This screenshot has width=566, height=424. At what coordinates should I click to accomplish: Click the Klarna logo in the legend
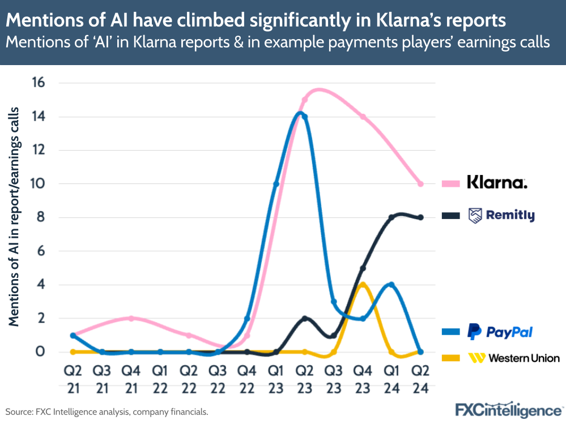click(497, 182)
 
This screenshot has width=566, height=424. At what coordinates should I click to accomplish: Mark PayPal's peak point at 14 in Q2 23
click(305, 117)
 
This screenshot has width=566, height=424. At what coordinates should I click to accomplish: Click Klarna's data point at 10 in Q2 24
click(420, 184)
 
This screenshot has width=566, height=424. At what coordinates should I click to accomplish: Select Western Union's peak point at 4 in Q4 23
click(363, 285)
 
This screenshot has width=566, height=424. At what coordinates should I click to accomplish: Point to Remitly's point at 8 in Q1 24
click(391, 217)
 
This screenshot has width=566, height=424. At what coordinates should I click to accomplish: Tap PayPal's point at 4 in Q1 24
click(391, 285)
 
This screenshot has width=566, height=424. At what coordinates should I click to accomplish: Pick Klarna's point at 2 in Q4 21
click(131, 318)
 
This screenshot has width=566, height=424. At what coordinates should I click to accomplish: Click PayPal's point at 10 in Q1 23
click(276, 184)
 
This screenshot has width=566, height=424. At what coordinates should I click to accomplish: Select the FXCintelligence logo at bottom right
click(509, 410)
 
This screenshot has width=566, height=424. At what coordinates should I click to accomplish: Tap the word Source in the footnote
click(19, 412)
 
